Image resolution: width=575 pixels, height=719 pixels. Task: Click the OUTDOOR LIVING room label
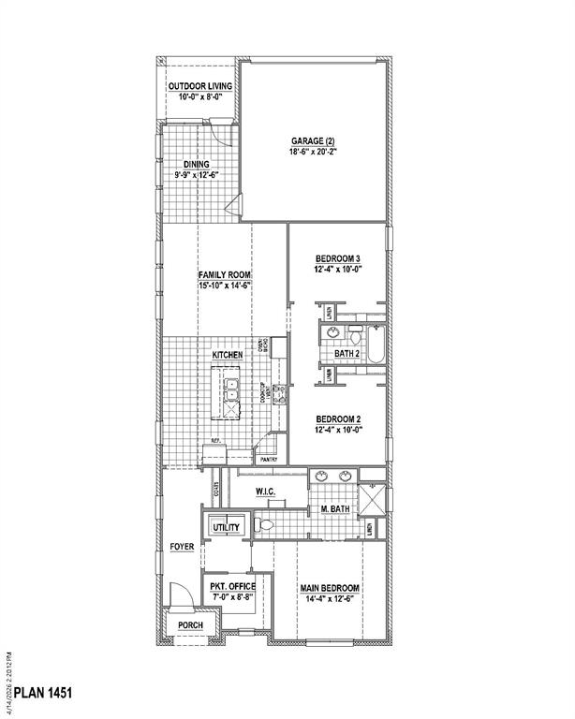[200, 87]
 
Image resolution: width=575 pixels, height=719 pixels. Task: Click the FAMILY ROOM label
[225, 274]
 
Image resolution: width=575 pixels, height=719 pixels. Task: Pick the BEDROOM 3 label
[337, 258]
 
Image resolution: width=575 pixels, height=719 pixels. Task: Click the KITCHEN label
[228, 356]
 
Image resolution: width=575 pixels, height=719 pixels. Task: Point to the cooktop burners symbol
[277, 398]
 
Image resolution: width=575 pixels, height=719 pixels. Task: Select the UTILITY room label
[226, 528]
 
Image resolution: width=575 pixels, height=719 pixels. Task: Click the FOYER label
[181, 547]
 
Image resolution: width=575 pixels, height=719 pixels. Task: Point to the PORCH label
[190, 624]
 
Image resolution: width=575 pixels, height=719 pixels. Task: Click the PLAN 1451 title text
[38, 694]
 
